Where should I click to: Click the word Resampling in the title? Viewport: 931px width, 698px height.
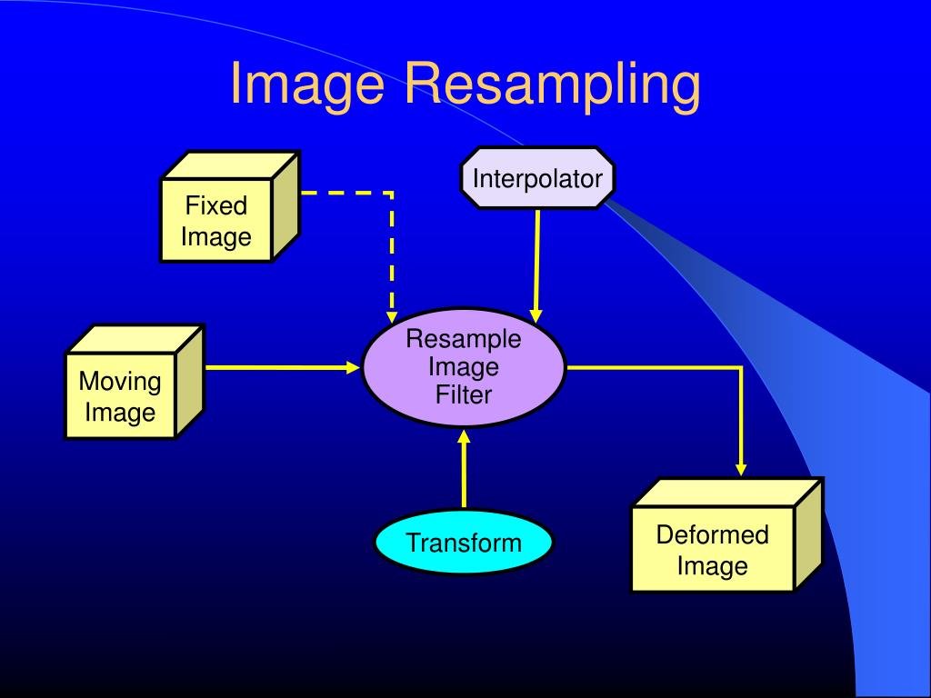click(x=553, y=85)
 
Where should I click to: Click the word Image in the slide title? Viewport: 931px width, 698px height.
click(x=310, y=85)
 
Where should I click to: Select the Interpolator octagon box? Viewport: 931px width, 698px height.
click(x=537, y=178)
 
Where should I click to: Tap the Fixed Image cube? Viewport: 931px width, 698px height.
click(x=216, y=221)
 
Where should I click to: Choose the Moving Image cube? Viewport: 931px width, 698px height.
click(x=120, y=396)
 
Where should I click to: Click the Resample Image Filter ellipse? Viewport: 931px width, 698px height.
click(x=464, y=367)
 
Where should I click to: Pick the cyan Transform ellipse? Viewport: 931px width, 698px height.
click(x=464, y=543)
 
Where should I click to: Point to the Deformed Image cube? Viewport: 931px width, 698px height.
click(x=712, y=550)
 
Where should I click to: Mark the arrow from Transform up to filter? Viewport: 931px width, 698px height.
click(x=464, y=473)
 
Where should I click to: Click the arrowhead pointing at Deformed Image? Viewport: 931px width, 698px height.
click(x=741, y=468)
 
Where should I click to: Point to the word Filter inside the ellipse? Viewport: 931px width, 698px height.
click(x=464, y=394)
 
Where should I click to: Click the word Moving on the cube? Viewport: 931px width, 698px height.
click(x=120, y=381)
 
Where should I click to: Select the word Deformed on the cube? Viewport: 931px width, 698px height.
click(x=712, y=534)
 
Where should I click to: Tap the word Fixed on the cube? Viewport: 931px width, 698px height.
click(x=216, y=205)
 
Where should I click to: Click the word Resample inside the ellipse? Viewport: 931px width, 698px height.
click(x=464, y=340)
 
